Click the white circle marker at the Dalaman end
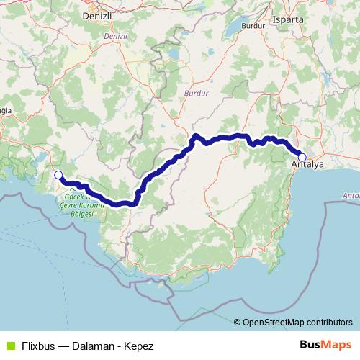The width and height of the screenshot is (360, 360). [x=58, y=174]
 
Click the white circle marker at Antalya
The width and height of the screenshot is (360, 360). [x=302, y=157]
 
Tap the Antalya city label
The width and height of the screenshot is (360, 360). [x=308, y=166]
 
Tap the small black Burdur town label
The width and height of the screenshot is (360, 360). [x=250, y=25]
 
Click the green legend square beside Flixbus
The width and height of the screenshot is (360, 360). [x=10, y=346]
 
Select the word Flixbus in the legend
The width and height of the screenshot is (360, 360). [x=40, y=346]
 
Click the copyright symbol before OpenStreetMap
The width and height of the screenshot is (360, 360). [x=237, y=322]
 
